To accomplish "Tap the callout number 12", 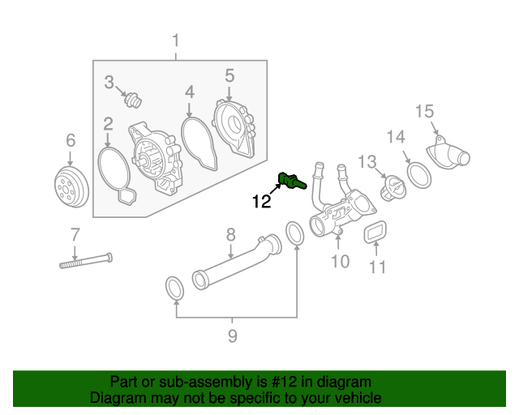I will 261,202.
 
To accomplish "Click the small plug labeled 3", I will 132,102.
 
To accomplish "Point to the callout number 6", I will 70,140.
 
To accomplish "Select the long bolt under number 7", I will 84,261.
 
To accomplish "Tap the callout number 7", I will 75,235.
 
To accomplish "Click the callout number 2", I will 107,124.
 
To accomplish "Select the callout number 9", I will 232,336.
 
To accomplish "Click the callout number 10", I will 340,261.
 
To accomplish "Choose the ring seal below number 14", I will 417,173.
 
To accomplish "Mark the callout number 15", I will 426,111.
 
